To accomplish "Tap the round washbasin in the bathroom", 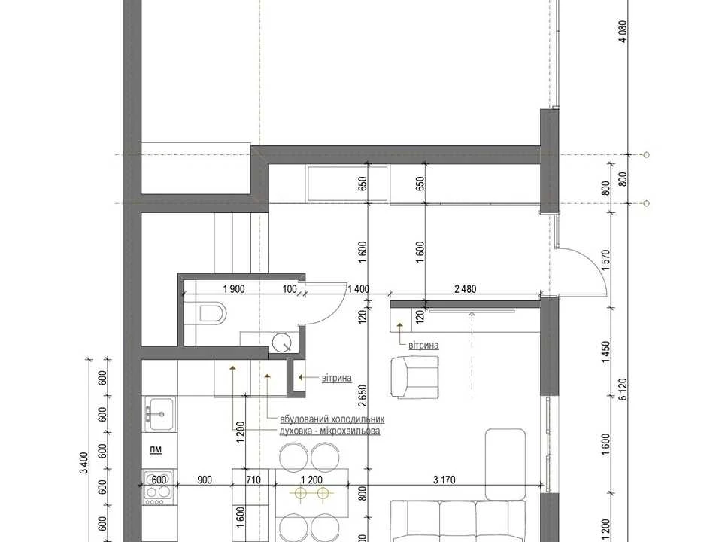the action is point(281,343).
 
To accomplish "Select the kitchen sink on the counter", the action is point(159,413).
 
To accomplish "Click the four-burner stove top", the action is point(158,486).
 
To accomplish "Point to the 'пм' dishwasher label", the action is point(156,449).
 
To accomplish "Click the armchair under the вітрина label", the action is point(414,377).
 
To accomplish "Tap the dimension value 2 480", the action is point(465,289).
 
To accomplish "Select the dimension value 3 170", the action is point(444,480).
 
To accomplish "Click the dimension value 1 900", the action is point(234,289).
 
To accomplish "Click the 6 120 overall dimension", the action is point(623,390).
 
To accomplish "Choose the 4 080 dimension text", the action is point(623,32).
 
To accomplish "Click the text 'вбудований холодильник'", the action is point(332,419).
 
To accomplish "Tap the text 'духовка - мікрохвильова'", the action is point(329,431).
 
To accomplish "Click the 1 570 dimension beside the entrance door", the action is point(605,260).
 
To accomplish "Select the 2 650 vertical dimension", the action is point(364,396).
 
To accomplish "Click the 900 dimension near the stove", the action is point(205,480).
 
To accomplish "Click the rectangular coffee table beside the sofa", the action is point(505,464).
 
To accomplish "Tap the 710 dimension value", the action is point(253,480).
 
